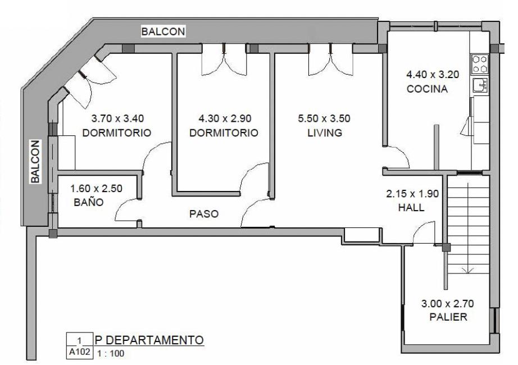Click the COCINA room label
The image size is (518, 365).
coord(427,89)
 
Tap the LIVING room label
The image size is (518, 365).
coord(325,133)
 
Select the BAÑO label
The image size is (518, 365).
coord(89,202)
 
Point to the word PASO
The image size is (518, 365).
coord(204,214)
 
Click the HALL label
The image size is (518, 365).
coord(411,207)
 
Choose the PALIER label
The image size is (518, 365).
coord(448,317)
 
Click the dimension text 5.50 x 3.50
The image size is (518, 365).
coord(324,118)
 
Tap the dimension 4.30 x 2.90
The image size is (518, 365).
coord(225,118)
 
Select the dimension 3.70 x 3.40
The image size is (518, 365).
coord(117,118)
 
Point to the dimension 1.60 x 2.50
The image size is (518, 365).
coord(97,189)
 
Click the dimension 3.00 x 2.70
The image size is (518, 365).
coord(448,303)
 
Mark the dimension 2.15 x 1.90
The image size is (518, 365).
coord(412,194)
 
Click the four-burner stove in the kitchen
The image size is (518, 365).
coord(480,64)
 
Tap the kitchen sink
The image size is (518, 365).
coord(480,85)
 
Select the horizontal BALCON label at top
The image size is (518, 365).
coord(163,31)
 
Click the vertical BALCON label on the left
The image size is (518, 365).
coord(35,162)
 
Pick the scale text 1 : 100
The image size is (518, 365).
coord(111,353)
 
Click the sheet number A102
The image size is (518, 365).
coord(79,352)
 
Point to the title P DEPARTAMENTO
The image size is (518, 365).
coord(149,340)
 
